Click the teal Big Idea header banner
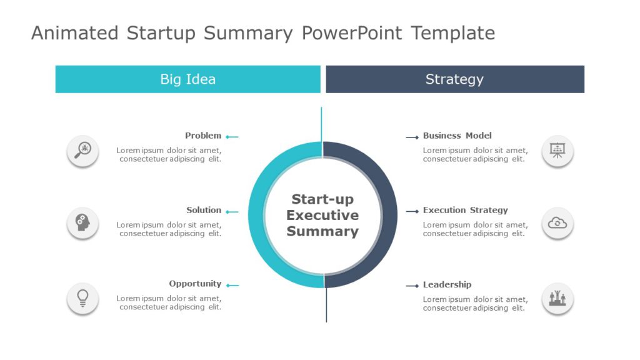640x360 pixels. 187,79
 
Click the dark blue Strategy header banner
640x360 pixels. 455,79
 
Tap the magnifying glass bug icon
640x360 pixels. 82,151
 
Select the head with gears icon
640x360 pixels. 82,223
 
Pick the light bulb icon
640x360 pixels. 82,298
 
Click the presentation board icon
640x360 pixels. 557,151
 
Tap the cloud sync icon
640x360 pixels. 557,223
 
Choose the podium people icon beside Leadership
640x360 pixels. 557,298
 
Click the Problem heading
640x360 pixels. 203,136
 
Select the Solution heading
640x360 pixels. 204,210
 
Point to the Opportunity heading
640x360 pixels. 195,284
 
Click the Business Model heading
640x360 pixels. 457,136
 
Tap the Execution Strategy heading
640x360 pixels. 465,210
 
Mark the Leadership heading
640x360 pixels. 447,284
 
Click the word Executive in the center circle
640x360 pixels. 322,216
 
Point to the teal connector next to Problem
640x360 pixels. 232,137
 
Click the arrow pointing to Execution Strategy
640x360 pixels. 412,211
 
